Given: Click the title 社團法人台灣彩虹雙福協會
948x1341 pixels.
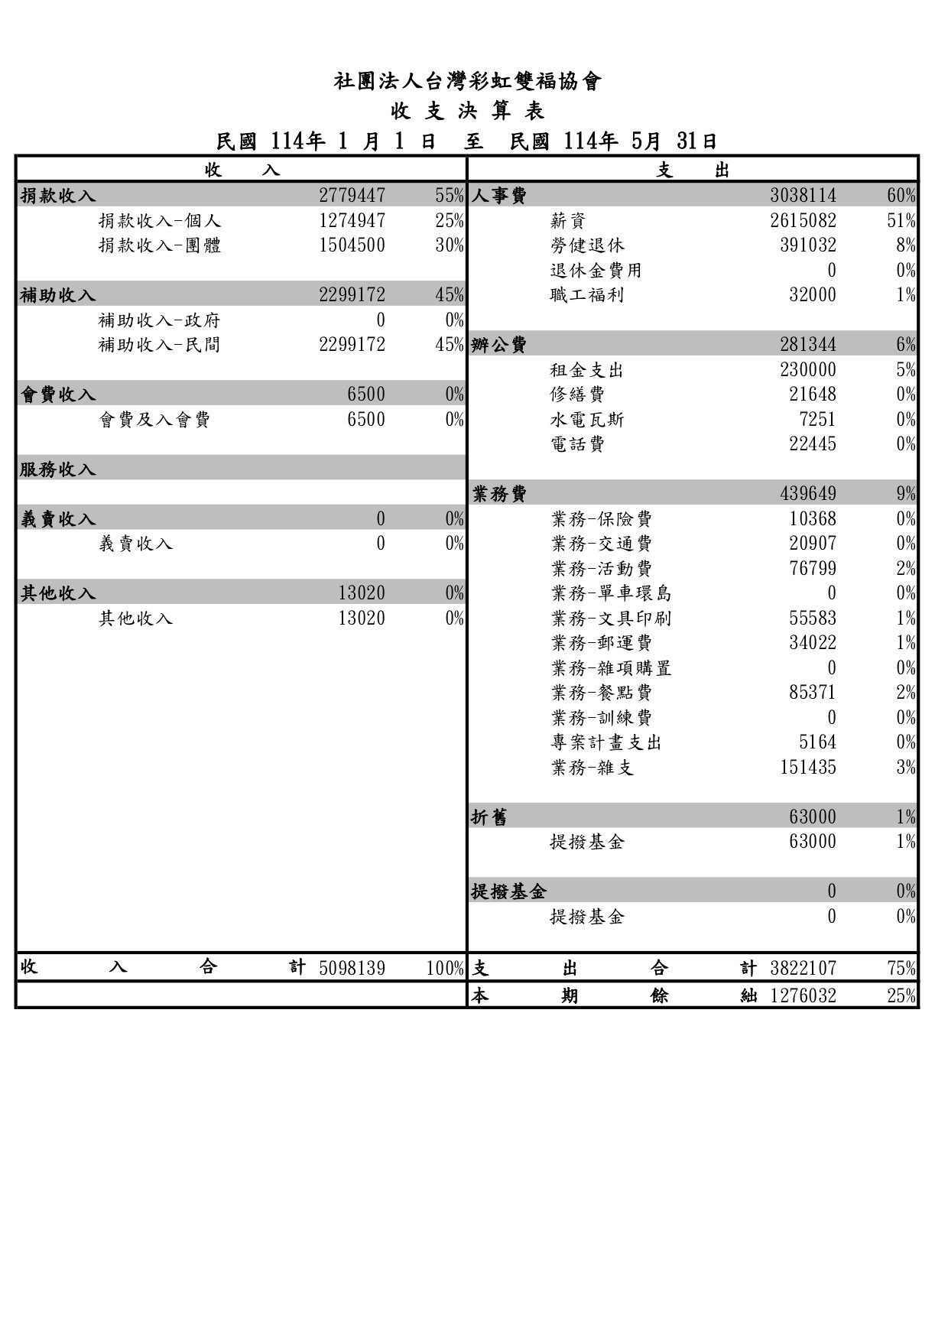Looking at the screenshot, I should click(x=468, y=82).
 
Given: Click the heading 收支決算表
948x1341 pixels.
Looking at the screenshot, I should click(x=468, y=112).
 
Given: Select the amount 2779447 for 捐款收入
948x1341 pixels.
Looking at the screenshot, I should click(x=352, y=196).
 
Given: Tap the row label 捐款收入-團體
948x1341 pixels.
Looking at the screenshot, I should click(x=160, y=245).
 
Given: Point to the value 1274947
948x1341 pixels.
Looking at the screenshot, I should click(x=352, y=221).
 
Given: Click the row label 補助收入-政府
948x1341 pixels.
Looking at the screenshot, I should click(x=160, y=320).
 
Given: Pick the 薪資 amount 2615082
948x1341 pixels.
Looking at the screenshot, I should click(x=803, y=221).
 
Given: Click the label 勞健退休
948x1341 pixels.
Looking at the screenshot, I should click(x=587, y=245).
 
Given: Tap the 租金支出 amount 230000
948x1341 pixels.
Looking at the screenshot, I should click(x=807, y=370).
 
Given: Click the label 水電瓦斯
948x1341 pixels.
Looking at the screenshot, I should click(x=587, y=420).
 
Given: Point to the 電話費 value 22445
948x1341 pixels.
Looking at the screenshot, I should click(x=812, y=444).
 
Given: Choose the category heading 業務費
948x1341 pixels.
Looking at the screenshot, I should click(x=499, y=494).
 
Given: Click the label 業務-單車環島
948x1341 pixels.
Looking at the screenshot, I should click(x=611, y=593).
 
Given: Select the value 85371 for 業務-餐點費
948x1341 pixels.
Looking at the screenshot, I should click(x=812, y=693).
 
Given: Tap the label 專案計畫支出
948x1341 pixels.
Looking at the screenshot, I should click(x=605, y=742).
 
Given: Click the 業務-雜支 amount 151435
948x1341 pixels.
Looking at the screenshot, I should click(x=807, y=768).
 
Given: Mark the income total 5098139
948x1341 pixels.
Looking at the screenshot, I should click(x=352, y=969).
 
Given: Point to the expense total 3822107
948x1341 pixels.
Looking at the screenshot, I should click(x=803, y=969).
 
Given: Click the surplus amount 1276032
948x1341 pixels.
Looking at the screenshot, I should click(x=803, y=996).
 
